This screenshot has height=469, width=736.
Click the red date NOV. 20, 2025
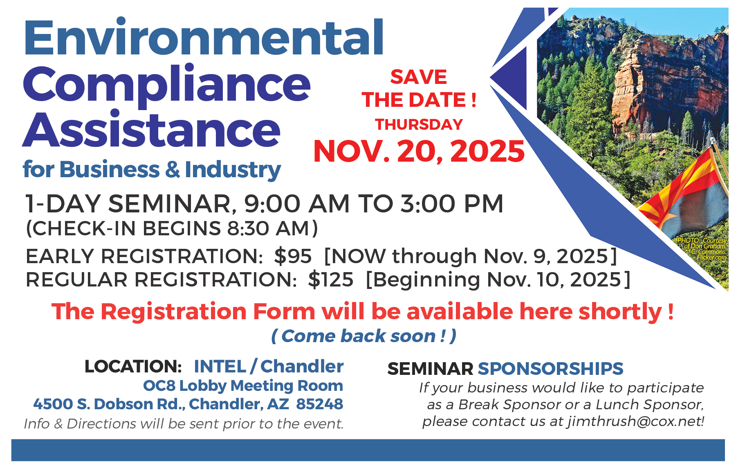tap(419, 151)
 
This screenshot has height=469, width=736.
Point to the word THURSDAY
tap(419, 124)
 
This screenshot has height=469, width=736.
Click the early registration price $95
tap(293, 256)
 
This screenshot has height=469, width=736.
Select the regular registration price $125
tap(331, 280)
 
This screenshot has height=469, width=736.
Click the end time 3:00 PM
tap(452, 203)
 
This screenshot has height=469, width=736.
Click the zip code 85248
tap(320, 404)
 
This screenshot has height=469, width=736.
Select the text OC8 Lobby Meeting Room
tap(243, 386)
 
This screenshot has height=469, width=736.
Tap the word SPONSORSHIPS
tap(550, 369)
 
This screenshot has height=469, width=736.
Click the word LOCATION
tap(133, 366)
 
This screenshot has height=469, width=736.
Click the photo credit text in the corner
tap(702, 249)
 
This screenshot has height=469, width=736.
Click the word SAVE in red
tap(419, 77)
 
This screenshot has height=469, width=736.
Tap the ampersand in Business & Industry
tap(173, 169)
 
